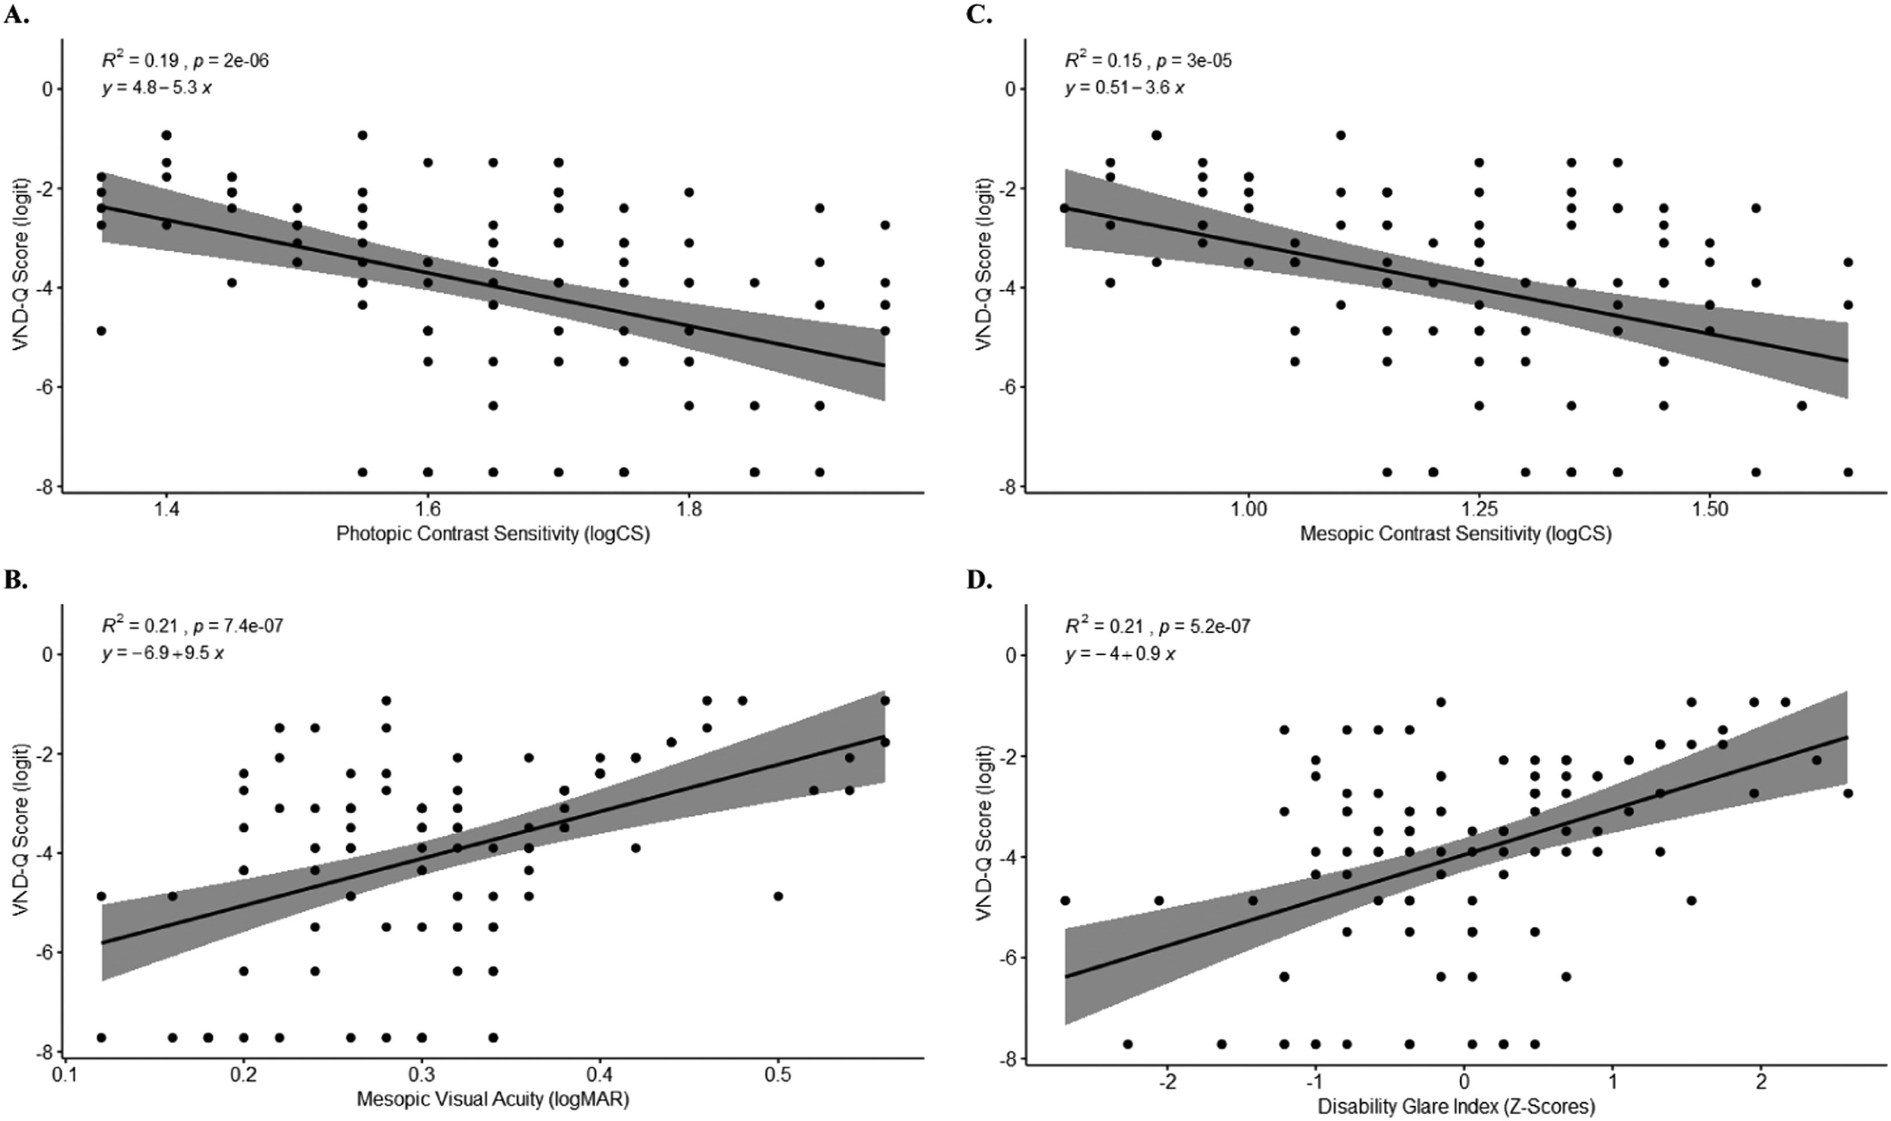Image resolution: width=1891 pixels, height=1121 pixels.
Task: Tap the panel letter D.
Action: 980,581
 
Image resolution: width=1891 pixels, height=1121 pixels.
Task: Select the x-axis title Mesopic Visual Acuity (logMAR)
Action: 492,1099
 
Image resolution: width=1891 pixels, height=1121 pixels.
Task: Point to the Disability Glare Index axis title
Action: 1456,1107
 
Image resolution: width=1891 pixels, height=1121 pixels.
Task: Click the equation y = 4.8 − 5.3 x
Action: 157,87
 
